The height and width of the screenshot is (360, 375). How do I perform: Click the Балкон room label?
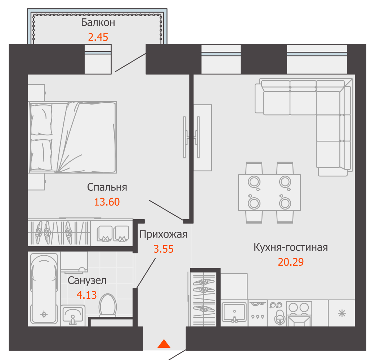[98, 22]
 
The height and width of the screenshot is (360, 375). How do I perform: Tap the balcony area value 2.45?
[98, 37]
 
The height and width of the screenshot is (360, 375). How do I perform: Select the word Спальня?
[107, 187]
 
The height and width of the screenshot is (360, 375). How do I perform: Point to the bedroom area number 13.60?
[107, 202]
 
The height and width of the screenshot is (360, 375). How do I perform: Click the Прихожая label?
[163, 234]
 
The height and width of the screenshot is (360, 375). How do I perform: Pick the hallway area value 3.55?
[163, 249]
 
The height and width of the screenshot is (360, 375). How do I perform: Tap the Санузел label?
[87, 280]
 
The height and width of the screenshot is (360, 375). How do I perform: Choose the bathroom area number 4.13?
[86, 295]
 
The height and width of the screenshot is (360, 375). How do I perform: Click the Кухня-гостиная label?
[291, 247]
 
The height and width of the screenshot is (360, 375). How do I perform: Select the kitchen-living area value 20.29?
[291, 262]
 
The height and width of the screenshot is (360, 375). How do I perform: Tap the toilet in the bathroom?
[108, 305]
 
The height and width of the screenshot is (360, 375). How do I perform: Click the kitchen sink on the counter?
[234, 312]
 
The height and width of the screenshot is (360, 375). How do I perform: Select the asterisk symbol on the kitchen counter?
[342, 314]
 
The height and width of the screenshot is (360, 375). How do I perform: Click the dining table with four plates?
[269, 193]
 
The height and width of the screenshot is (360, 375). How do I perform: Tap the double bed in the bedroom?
[72, 137]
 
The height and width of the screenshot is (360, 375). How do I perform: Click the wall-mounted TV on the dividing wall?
[191, 137]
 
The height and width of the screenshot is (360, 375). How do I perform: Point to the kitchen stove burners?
[299, 309]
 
